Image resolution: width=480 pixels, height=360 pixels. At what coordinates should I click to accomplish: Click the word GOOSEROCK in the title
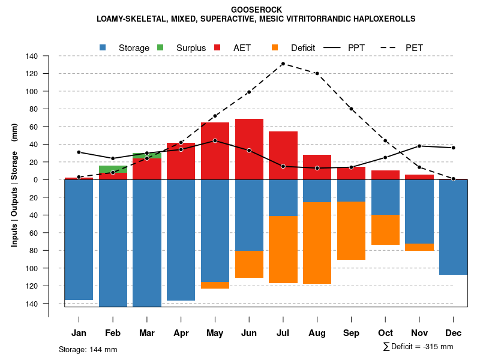click(x=256, y=10)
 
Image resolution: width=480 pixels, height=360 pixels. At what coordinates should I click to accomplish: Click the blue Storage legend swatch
click(x=103, y=47)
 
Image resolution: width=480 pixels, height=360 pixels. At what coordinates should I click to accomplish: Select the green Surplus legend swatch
click(x=160, y=47)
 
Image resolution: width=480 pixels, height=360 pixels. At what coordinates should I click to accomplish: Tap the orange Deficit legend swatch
click(x=275, y=47)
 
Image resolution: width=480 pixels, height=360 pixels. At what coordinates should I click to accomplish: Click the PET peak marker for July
click(x=283, y=64)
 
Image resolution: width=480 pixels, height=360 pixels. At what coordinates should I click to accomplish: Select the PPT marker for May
click(x=215, y=140)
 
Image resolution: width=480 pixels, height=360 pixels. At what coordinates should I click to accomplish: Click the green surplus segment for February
click(x=113, y=169)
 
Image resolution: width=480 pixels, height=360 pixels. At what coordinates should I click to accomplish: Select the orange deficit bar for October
click(x=385, y=230)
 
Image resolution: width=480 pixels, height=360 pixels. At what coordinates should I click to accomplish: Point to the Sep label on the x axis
click(x=351, y=333)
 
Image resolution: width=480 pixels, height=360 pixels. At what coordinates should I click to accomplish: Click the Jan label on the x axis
click(x=79, y=333)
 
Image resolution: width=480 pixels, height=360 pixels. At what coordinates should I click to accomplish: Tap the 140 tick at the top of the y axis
click(x=32, y=56)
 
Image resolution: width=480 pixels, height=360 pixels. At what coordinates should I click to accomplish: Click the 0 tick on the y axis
click(x=36, y=179)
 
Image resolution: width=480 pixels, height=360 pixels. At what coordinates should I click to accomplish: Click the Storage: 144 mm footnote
click(x=88, y=349)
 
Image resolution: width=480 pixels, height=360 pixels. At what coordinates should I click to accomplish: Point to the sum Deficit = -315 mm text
click(x=418, y=347)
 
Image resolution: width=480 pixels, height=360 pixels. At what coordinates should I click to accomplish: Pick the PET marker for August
click(x=317, y=73)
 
